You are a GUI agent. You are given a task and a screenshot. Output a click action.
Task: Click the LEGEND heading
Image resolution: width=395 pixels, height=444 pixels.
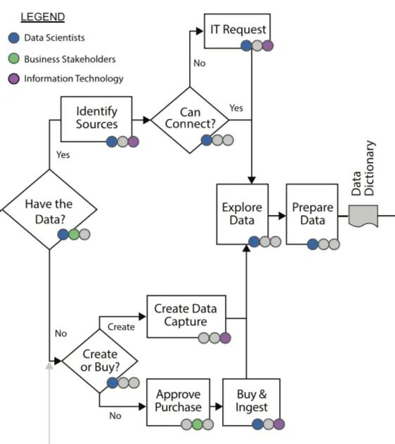(x=42, y=16)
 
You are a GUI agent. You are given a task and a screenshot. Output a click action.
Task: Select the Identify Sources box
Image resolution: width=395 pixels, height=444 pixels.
(x=96, y=118)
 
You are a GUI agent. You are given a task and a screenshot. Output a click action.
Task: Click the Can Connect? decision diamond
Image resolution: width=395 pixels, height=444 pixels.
(x=190, y=119)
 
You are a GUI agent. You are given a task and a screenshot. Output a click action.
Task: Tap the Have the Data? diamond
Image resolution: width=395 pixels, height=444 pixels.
(x=48, y=208)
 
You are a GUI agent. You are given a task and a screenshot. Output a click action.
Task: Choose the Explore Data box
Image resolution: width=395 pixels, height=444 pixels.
(x=242, y=214)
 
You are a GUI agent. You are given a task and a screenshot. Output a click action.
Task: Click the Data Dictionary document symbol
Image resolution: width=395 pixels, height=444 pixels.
(x=363, y=215)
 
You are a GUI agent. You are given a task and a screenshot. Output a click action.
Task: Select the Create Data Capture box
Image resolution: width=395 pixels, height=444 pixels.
(x=186, y=315)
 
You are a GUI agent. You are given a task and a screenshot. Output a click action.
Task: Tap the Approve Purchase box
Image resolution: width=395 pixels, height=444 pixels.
(x=179, y=401)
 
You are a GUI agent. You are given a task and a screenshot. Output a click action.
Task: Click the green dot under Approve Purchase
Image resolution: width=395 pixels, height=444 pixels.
(x=198, y=424)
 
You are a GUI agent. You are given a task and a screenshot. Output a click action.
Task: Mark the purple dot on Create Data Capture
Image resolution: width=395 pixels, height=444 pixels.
(x=225, y=338)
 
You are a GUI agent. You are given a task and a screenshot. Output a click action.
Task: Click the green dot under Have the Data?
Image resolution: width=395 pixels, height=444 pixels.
(x=74, y=234)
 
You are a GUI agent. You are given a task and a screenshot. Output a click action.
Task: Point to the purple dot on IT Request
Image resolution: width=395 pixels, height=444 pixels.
(x=267, y=46)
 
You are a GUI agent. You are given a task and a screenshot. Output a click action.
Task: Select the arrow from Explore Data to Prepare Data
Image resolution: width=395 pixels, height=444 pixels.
(x=277, y=215)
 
